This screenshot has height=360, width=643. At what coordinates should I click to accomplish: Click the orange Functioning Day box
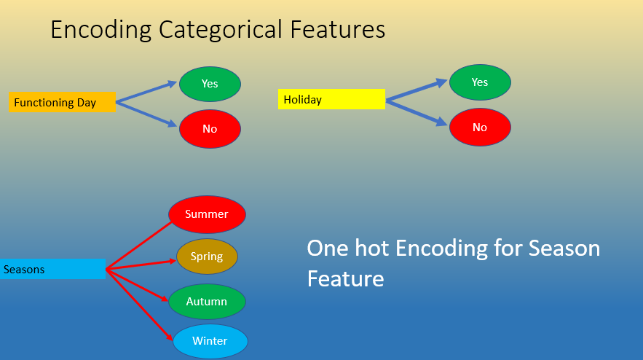[62, 102]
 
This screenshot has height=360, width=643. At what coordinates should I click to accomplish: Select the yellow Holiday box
[331, 99]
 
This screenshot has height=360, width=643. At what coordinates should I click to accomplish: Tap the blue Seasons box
[52, 270]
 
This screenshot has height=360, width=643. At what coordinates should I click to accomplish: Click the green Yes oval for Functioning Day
[210, 83]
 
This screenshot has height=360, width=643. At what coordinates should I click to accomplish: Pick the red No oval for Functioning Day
[210, 129]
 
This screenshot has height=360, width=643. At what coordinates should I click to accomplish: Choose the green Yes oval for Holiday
[480, 82]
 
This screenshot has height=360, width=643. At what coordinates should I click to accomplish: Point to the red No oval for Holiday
[480, 128]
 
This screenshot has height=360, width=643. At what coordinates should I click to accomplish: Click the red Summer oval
[207, 214]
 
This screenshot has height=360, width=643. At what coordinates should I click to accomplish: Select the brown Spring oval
[207, 257]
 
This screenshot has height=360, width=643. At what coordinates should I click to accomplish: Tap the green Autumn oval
[207, 302]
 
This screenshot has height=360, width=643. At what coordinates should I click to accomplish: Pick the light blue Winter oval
[210, 341]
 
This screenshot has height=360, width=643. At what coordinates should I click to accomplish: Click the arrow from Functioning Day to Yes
[147, 93]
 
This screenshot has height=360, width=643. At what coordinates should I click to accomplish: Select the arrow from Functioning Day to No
[147, 114]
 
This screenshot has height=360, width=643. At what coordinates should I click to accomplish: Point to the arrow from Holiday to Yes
[417, 90]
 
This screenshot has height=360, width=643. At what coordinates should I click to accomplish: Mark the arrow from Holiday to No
[417, 112]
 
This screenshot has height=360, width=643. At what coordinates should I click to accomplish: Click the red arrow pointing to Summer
[138, 245]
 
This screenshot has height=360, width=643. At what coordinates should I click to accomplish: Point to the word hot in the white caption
[369, 248]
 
